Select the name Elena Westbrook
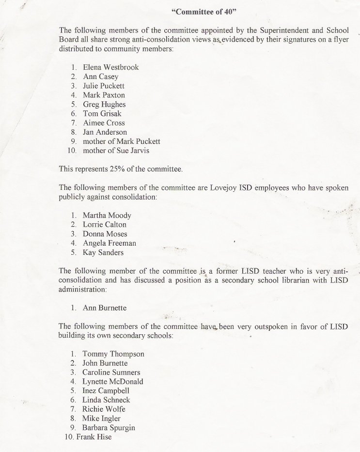tap(110, 67)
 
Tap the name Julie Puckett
tap(104, 86)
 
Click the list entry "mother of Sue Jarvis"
tap(116, 151)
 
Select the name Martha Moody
tap(107, 215)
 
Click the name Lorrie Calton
tap(105, 224)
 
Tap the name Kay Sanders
tap(103, 252)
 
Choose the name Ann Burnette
tap(105, 308)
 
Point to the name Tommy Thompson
tap(113, 354)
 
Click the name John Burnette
tap(105, 363)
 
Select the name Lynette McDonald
tap(113, 381)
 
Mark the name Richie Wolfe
tap(104, 409)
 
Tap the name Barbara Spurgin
tap(109, 428)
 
